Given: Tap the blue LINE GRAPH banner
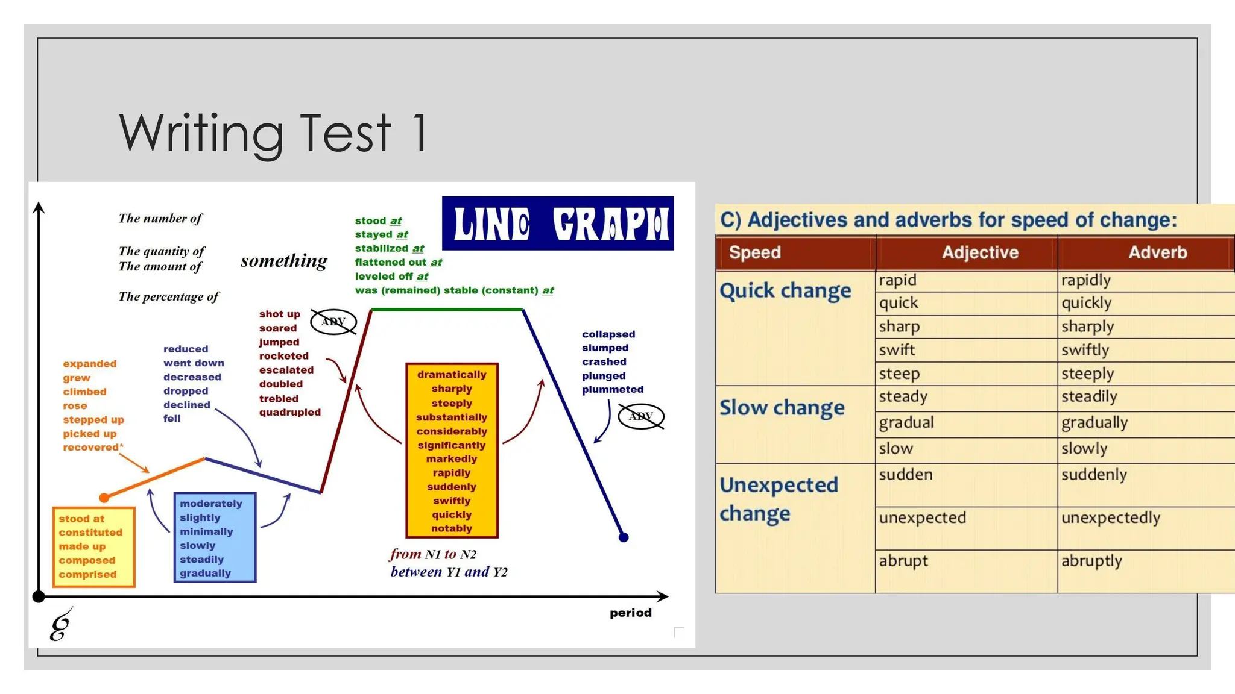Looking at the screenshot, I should point(558,224).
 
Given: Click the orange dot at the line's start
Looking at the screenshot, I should point(104,498).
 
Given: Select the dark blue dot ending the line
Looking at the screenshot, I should point(624,537).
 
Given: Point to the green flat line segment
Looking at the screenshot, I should point(446,310).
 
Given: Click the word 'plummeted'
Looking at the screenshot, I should point(613,390).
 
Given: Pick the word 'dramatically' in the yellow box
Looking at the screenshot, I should point(452,375).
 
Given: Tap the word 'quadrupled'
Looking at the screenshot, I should point(290,413).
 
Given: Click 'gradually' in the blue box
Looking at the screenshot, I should point(205,574).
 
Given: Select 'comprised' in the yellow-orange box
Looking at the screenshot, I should point(87,575).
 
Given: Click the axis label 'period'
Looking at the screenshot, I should point(630,613).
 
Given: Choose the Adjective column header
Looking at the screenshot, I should point(980,252).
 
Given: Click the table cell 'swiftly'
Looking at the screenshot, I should point(1085,350).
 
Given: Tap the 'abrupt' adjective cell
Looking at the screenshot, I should point(903,561).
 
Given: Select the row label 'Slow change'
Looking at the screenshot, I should point(782,408).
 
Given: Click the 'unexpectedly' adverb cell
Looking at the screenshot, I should point(1111,517).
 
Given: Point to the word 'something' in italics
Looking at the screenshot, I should point(284,261).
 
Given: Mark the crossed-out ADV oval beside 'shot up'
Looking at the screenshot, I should point(333,322).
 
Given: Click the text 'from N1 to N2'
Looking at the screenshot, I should point(433,554).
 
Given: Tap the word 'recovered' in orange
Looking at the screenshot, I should point(91,448).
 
